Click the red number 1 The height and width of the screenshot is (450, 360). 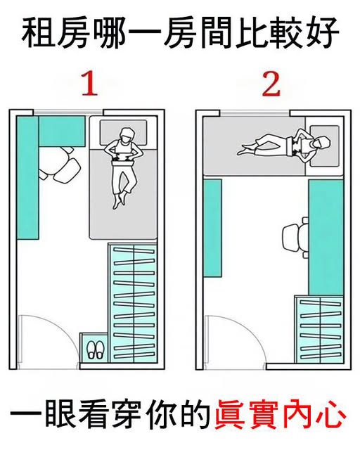pyautogui.click(x=90, y=84)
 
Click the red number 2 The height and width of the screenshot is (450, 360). pyautogui.click(x=271, y=84)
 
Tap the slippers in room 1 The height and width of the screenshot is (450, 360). pyautogui.click(x=96, y=349)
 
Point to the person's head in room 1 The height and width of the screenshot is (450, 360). pyautogui.click(x=127, y=135)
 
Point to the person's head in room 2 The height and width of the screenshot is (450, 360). pyautogui.click(x=321, y=143)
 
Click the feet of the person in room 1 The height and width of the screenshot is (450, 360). pyautogui.click(x=119, y=200)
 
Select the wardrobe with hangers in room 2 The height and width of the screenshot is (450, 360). pyautogui.click(x=319, y=329)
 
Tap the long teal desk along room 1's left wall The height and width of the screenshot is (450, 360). pyautogui.click(x=27, y=177)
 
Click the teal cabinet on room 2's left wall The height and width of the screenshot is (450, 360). pyautogui.click(x=212, y=228)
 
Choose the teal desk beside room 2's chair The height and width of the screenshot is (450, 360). pyautogui.click(x=326, y=238)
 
